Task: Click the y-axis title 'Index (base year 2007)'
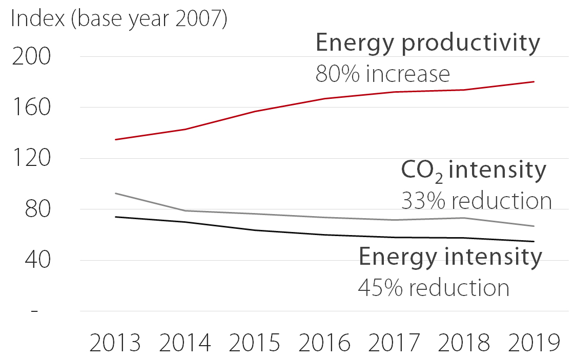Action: pyautogui.click(x=118, y=19)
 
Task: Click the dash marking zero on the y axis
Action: pyautogui.click(x=34, y=311)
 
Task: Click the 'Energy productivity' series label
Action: pyautogui.click(x=427, y=44)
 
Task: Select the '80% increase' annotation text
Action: pyautogui.click(x=382, y=74)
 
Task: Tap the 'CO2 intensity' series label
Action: pyautogui.click(x=474, y=171)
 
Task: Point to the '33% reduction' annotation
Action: pyautogui.click(x=476, y=201)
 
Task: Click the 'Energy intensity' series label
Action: pyautogui.click(x=450, y=257)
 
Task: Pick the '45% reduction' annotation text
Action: pyautogui.click(x=434, y=288)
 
